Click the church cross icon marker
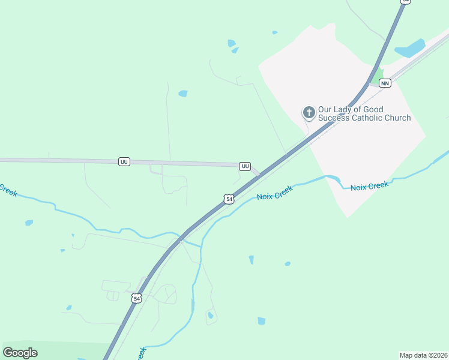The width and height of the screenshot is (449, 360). (309, 112)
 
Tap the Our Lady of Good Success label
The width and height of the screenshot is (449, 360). (364, 113)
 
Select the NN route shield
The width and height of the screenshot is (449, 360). (385, 83)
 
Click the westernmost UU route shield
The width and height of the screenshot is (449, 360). (124, 162)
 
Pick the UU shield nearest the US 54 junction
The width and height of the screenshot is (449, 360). (245, 166)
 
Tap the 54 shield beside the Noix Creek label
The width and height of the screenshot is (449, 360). (229, 199)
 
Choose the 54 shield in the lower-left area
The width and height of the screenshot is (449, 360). (137, 298)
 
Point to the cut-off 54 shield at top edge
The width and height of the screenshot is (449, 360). (406, 2)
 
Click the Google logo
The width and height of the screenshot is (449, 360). (20, 352)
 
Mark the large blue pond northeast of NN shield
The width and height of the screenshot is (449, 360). (410, 48)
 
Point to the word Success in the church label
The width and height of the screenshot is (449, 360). (334, 118)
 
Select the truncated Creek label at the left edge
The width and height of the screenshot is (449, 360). (7, 190)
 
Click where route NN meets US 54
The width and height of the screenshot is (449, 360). (369, 84)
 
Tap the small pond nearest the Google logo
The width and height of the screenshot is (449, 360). (69, 308)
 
